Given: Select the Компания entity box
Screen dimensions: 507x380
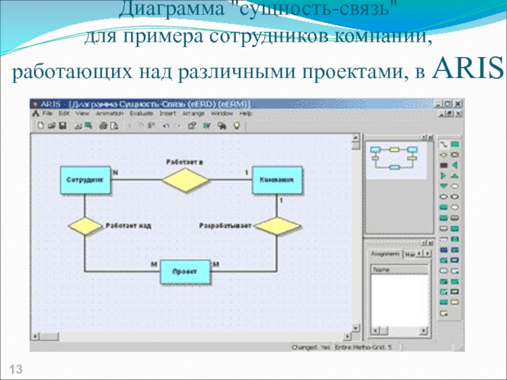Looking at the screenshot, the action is tap(277, 180).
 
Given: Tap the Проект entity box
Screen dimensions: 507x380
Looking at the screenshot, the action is tap(184, 272).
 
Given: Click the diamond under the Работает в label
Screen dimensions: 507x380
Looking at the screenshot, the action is tap(184, 180).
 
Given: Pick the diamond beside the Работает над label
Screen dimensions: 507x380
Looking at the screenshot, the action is tap(85, 225).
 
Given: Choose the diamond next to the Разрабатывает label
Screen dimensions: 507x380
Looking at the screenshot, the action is tap(277, 225).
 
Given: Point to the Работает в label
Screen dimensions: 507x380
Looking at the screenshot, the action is tap(184, 162).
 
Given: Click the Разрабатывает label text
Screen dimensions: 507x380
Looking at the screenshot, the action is tap(225, 225).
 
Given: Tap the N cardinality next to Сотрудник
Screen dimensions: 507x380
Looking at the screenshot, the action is tap(115, 172).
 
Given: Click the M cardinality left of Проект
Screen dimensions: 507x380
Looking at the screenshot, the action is tap(153, 263).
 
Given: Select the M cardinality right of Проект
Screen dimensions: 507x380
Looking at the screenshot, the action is tap(215, 263).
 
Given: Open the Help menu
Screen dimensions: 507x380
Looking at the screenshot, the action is tap(246, 113).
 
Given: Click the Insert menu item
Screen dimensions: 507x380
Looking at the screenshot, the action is tap(167, 113).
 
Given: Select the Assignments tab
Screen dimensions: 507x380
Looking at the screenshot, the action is tap(385, 253).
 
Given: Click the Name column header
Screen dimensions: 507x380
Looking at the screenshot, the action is tap(382, 269).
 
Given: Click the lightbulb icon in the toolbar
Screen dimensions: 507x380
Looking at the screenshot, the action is tap(236, 125).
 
